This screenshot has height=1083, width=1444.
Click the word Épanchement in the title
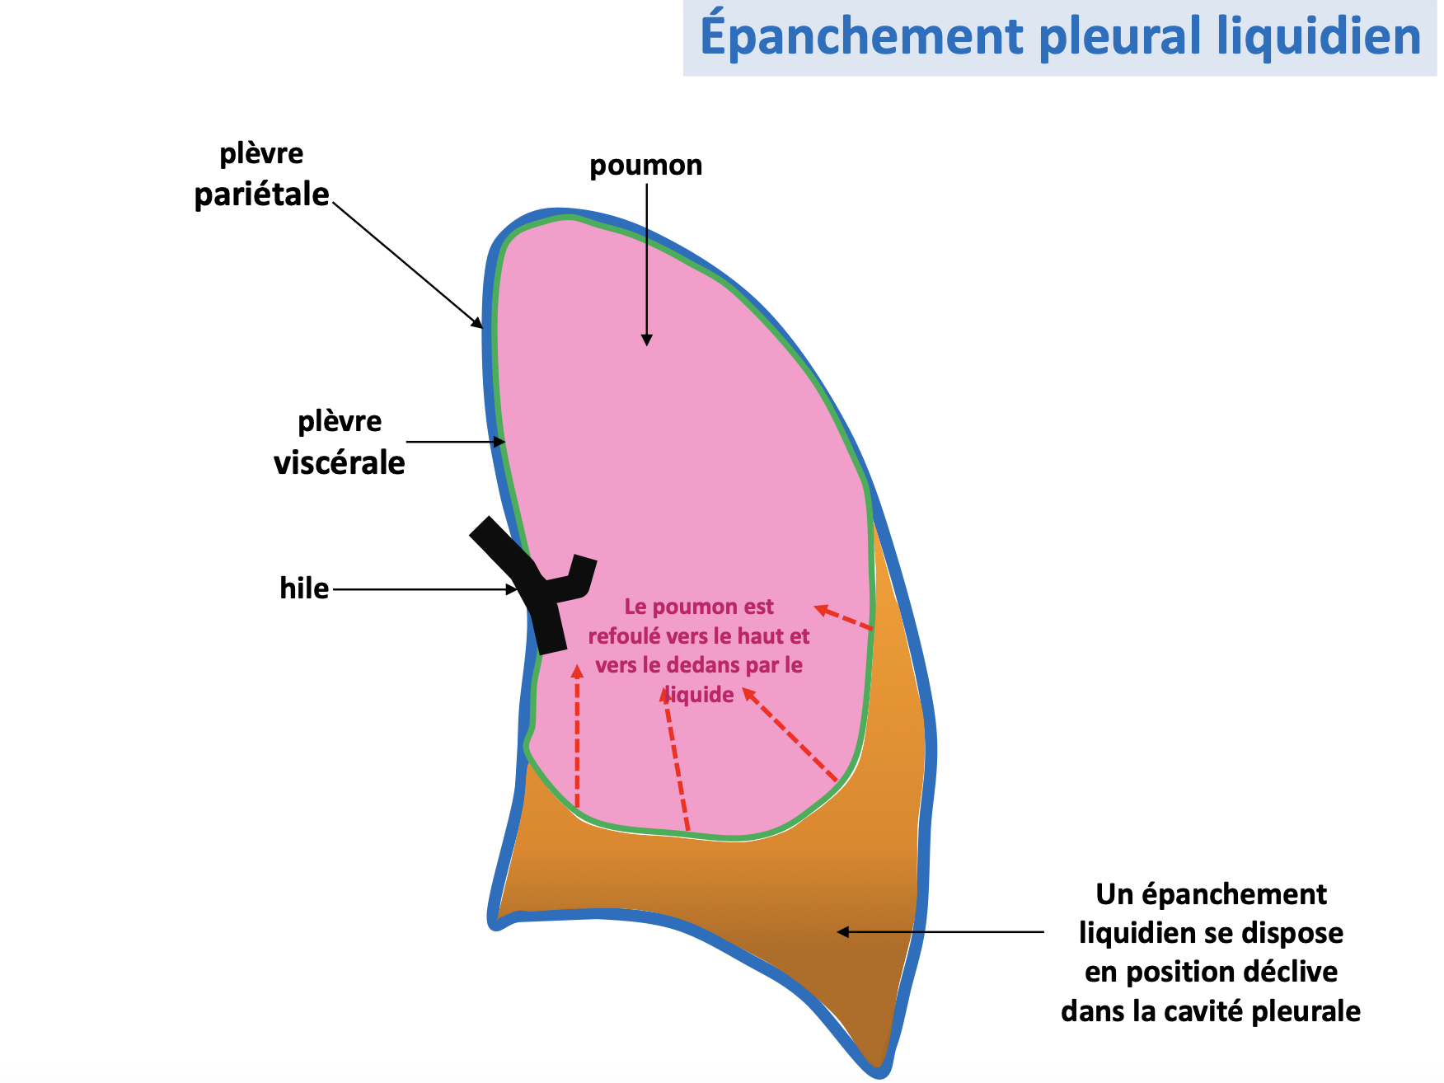[x=862, y=37]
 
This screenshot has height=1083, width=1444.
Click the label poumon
[x=645, y=166]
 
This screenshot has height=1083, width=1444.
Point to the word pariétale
[x=261, y=195]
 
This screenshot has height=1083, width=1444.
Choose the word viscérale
[x=339, y=463]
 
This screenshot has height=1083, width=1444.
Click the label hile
[x=303, y=589]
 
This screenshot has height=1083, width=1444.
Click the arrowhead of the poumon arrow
[x=647, y=339]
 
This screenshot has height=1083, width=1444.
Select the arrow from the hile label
[x=424, y=589]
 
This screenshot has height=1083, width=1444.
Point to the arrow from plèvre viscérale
[x=455, y=443]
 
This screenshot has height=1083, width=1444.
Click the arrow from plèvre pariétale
[x=407, y=264]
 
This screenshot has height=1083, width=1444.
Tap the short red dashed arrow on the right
[x=843, y=618]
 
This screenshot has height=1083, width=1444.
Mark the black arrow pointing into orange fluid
[x=940, y=932]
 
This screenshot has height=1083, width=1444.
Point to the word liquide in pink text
[x=700, y=695]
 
